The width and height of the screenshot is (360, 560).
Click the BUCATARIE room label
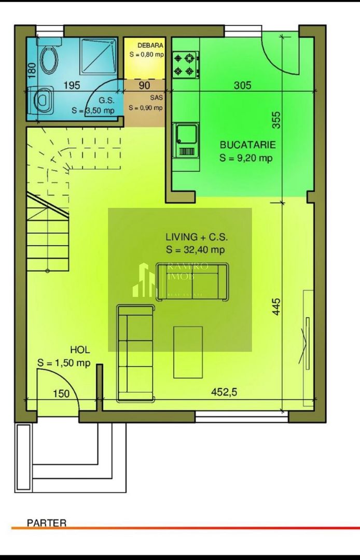[x=247, y=145]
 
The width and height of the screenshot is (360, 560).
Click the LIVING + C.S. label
[x=196, y=237]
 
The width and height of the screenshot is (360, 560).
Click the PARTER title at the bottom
[x=47, y=523]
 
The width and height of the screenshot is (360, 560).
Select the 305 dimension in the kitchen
[x=242, y=86]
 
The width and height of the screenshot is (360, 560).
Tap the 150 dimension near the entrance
[x=61, y=394]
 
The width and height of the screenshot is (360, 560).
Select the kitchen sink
[x=186, y=140]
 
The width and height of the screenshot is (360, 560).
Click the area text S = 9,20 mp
[x=246, y=158]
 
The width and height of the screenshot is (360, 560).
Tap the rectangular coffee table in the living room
[x=188, y=352]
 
